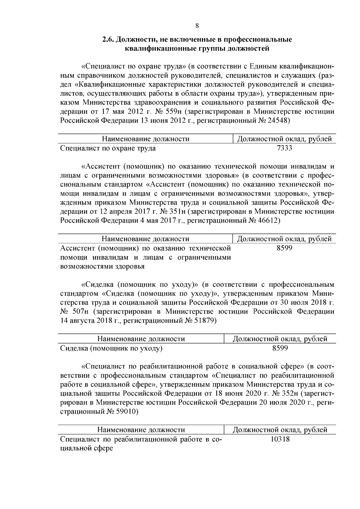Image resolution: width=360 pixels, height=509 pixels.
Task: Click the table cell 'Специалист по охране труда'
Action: tap(108, 148)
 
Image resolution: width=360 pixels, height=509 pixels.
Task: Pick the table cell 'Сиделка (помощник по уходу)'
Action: tap(111, 348)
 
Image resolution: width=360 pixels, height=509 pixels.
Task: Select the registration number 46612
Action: tap(268, 220)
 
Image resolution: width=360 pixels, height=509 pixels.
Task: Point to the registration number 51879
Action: tap(204, 321)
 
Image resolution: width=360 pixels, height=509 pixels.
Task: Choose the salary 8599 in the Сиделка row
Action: tap(280, 348)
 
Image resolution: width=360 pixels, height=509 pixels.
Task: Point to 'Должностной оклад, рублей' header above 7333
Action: tap(284, 139)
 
